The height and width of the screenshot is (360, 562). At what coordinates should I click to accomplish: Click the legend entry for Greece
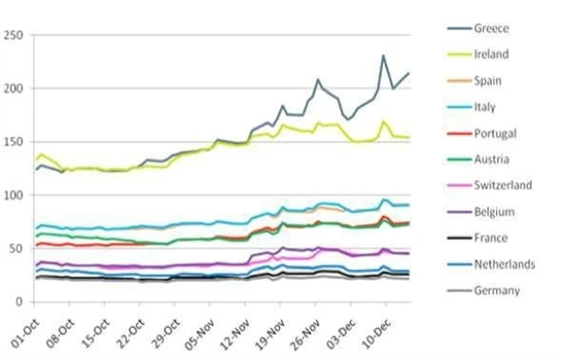[494, 28]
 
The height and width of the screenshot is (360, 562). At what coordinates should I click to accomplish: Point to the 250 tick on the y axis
[14, 36]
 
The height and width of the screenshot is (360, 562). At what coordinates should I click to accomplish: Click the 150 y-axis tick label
[14, 142]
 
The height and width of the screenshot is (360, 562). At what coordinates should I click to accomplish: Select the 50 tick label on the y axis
[17, 248]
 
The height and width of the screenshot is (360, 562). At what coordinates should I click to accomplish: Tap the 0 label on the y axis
[20, 302]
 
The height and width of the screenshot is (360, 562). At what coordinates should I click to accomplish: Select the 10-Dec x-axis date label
[378, 327]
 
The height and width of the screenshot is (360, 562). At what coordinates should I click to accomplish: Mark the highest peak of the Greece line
[383, 55]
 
